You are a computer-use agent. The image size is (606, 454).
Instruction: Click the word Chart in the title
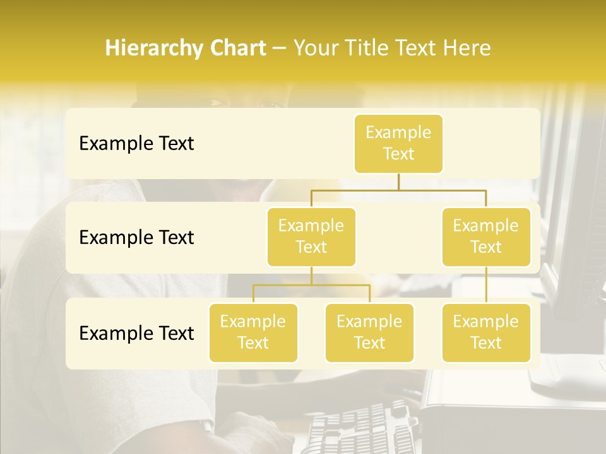[x=237, y=49]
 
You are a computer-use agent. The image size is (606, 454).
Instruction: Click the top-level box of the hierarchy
[x=398, y=144]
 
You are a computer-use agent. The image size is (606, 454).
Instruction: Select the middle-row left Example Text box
[x=311, y=237]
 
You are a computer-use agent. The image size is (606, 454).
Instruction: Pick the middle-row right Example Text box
[x=486, y=237]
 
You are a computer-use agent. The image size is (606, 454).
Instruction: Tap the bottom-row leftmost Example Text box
[x=253, y=333]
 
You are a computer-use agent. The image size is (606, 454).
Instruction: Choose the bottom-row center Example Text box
[x=369, y=333]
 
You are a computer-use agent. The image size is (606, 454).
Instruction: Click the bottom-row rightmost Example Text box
[x=486, y=333]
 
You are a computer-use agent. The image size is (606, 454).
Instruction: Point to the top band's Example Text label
[x=136, y=144]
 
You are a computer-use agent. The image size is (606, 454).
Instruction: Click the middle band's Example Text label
[x=136, y=238]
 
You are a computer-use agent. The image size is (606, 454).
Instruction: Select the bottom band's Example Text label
[x=136, y=333]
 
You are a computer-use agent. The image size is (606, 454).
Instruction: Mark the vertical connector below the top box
[x=398, y=182]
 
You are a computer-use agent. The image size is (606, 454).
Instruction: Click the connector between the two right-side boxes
[x=486, y=285]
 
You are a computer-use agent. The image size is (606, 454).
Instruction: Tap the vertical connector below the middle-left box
[x=311, y=276]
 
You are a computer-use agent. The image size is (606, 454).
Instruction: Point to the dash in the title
[x=280, y=49]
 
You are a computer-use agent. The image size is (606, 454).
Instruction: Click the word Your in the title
[x=315, y=49]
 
